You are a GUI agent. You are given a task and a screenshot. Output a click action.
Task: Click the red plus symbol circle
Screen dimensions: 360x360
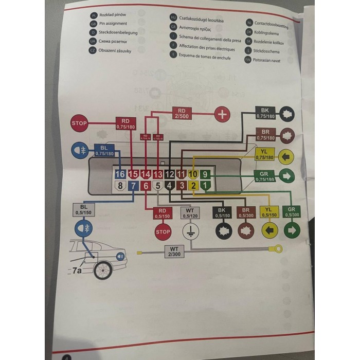[x=222, y=114]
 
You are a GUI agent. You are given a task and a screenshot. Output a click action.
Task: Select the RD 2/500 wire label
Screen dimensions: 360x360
[x=182, y=113]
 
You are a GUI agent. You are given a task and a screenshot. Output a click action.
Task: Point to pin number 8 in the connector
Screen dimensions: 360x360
[x=120, y=186]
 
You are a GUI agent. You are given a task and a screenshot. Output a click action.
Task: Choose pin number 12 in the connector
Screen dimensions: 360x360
[x=169, y=175]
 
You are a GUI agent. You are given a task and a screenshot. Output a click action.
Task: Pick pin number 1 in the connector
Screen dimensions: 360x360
[x=206, y=186]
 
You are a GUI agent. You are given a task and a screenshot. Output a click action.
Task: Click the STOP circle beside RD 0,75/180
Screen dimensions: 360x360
[x=80, y=123]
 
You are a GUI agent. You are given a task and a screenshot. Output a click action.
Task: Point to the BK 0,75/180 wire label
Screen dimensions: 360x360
[x=265, y=113]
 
